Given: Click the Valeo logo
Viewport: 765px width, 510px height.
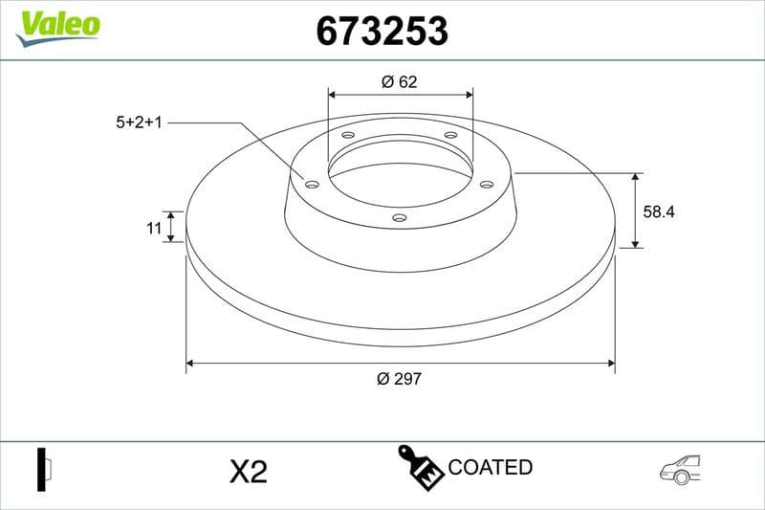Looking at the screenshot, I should click(x=57, y=24).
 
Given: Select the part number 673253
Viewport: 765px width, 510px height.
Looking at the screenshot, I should click(x=382, y=33).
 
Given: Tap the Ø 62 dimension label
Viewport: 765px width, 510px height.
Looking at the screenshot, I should click(x=400, y=82).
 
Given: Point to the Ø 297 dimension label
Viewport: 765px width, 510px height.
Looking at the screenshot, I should click(x=400, y=379).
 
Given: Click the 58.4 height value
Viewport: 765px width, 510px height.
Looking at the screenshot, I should click(x=659, y=212).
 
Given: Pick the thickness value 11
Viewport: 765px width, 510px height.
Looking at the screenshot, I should click(x=153, y=227).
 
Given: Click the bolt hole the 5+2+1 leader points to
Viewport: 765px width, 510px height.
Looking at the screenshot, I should click(x=311, y=183).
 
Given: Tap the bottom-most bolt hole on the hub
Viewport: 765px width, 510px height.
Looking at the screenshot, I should click(x=400, y=218).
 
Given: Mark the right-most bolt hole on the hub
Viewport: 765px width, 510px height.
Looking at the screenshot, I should click(x=486, y=184).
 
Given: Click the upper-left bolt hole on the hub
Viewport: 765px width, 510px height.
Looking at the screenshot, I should click(x=348, y=136).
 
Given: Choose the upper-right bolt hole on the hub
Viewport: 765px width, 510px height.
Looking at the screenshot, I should click(x=450, y=136).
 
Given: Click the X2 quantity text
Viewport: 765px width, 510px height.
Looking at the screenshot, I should click(x=248, y=471).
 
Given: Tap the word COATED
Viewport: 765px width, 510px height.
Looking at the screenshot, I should click(x=491, y=468).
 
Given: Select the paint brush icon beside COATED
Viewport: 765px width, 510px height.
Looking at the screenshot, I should click(x=420, y=466).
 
